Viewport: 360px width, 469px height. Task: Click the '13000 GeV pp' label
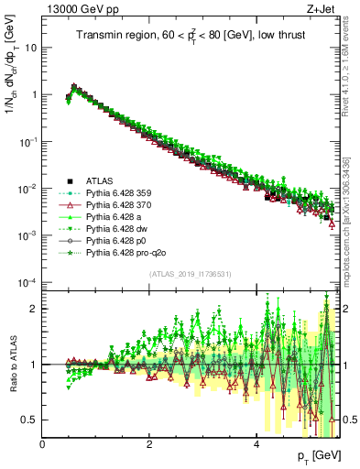[77, 9]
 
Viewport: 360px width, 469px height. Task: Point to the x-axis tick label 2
[149, 444]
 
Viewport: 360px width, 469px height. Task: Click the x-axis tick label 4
[256, 444]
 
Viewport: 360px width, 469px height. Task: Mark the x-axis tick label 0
[42, 444]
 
